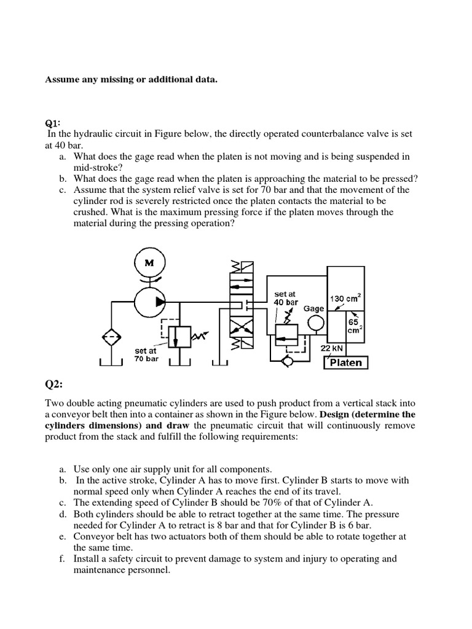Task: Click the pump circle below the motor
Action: point(148,301)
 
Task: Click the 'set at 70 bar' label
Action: point(146,354)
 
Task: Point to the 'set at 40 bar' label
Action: point(286,298)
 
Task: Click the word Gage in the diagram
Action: point(314,308)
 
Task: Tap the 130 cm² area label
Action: point(345,299)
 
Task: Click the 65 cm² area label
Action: point(354,325)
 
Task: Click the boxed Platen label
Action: point(346,362)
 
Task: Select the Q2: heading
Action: point(55,385)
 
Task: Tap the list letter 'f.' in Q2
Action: point(63,558)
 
